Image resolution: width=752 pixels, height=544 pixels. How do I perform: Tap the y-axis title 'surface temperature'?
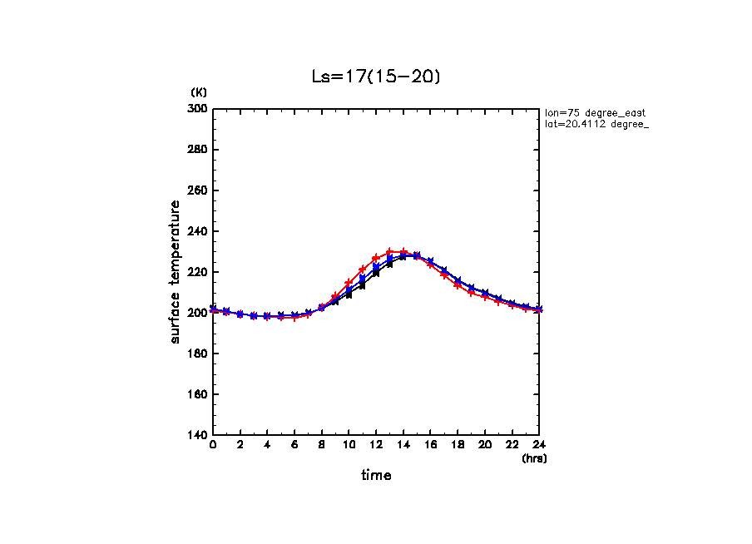click(x=176, y=271)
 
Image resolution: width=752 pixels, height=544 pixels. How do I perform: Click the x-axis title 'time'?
click(x=376, y=476)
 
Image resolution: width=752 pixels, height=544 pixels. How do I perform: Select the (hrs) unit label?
click(x=534, y=458)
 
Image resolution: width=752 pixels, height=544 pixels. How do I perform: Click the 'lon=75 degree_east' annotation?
click(x=595, y=112)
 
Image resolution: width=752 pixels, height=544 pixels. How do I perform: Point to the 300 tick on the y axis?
click(x=198, y=109)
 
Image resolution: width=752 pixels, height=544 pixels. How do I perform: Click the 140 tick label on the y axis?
click(x=198, y=435)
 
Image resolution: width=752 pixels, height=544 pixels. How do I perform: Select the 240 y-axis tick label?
click(x=198, y=231)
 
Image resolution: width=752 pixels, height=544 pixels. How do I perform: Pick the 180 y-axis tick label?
click(x=198, y=354)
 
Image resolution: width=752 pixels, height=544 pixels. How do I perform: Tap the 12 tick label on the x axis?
click(x=376, y=445)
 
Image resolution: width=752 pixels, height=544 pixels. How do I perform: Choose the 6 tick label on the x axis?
click(x=294, y=445)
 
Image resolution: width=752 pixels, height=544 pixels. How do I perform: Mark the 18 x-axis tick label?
click(x=458, y=445)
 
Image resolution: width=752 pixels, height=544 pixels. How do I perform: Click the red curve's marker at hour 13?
click(x=389, y=251)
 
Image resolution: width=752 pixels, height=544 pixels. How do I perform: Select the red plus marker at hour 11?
click(x=363, y=270)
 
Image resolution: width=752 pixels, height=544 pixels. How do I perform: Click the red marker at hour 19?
click(x=472, y=292)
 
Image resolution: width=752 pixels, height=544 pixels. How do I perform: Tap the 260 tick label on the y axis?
click(x=198, y=190)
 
